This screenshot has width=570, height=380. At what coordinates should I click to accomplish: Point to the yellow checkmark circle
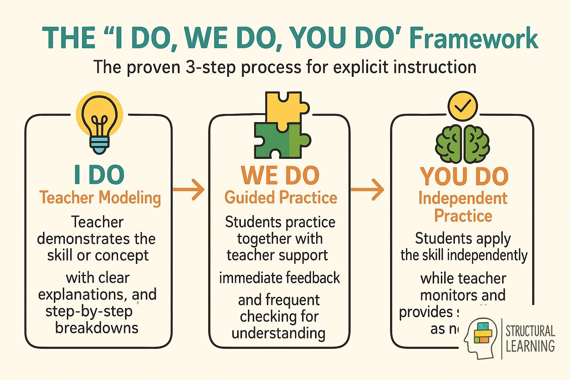pyautogui.click(x=462, y=106)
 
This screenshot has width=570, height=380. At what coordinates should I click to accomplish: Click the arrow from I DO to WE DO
pyautogui.click(x=189, y=189)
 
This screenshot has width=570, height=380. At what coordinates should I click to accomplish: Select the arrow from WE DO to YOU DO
pyautogui.click(x=367, y=190)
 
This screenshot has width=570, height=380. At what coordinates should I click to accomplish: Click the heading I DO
pyautogui.click(x=99, y=175)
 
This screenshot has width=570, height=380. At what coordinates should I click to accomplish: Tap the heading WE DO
pyautogui.click(x=280, y=175)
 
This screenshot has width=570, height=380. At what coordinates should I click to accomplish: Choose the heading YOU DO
pyautogui.click(x=464, y=177)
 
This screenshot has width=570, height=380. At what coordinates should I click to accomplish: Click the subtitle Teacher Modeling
pyautogui.click(x=100, y=197)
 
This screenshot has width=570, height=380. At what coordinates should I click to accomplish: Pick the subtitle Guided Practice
pyautogui.click(x=281, y=197)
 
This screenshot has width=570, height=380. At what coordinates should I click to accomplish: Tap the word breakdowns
pyautogui.click(x=97, y=328)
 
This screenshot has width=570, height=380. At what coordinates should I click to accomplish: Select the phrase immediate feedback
pyautogui.click(x=279, y=278)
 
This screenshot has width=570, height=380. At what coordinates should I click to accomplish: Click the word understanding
pyautogui.click(x=278, y=333)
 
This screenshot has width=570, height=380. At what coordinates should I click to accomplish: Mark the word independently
pyautogui.click(x=487, y=255)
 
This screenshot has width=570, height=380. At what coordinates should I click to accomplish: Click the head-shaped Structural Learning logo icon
pyautogui.click(x=480, y=337)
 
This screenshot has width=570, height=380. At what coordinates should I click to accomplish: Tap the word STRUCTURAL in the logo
pyautogui.click(x=530, y=331)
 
